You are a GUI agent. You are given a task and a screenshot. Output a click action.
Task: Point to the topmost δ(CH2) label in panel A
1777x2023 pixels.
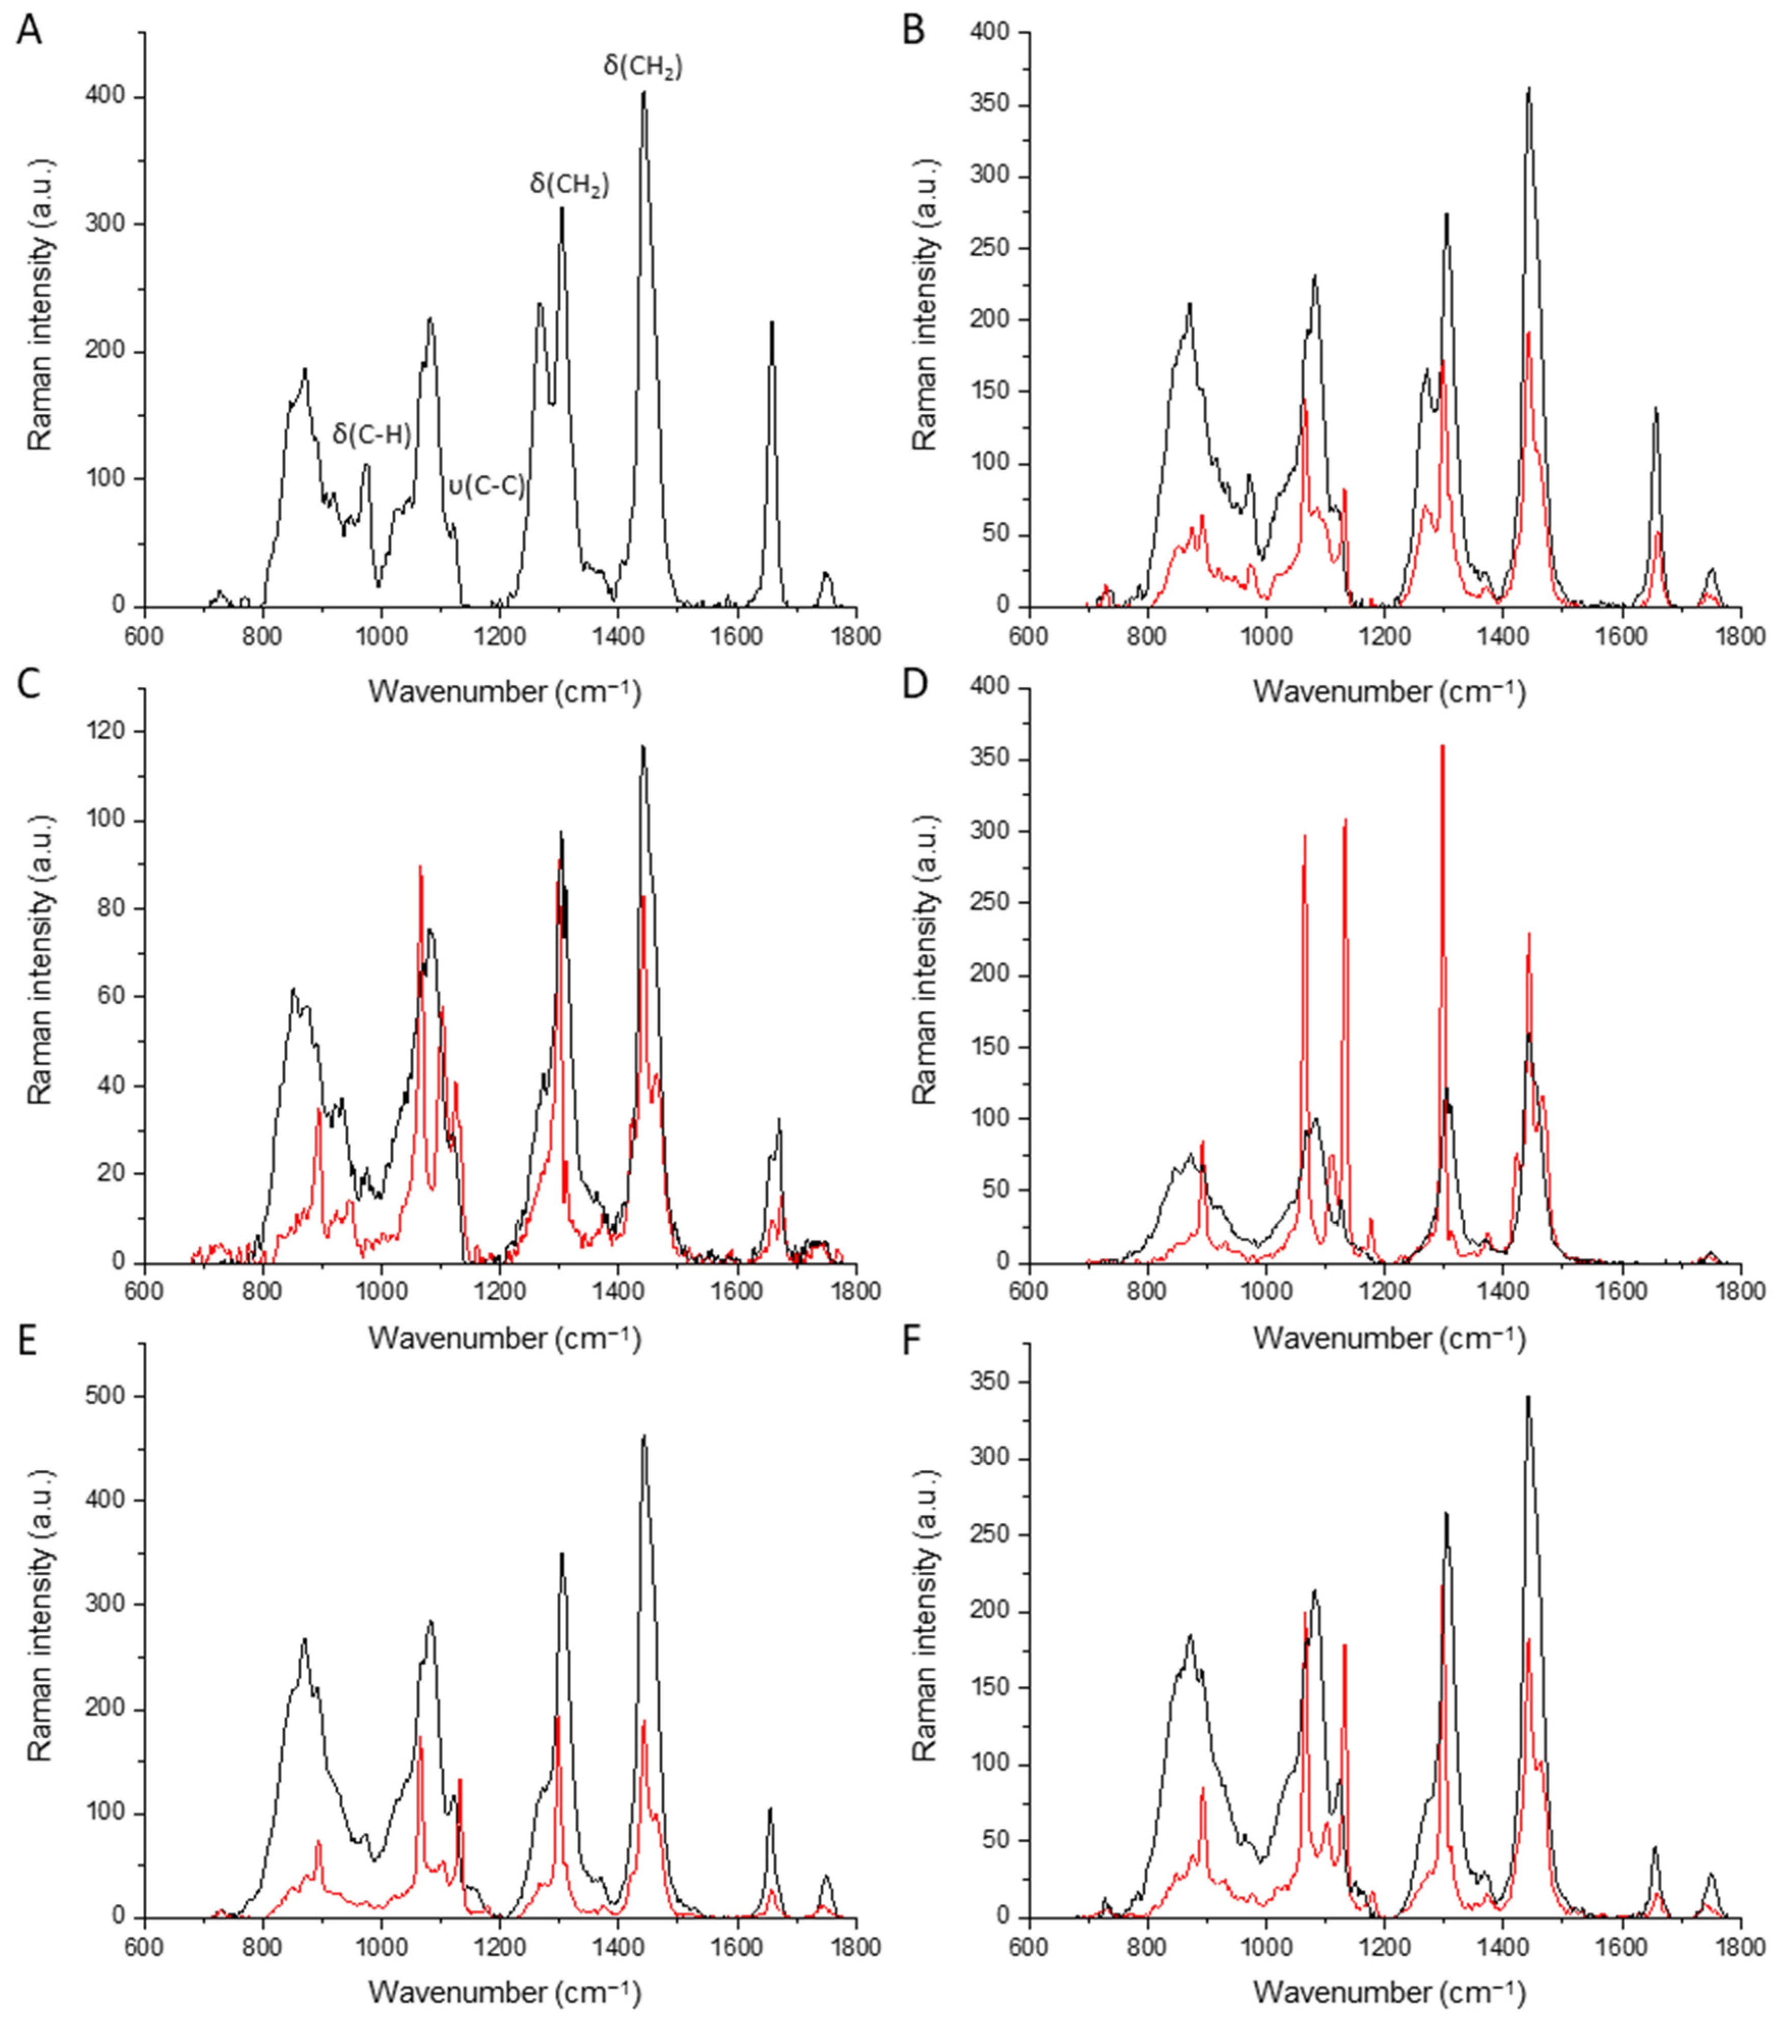(642, 66)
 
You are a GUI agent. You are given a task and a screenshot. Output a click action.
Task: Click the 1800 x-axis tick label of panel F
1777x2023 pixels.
(1738, 1945)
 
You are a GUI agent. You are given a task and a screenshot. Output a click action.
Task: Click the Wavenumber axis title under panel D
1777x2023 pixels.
(1389, 1337)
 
